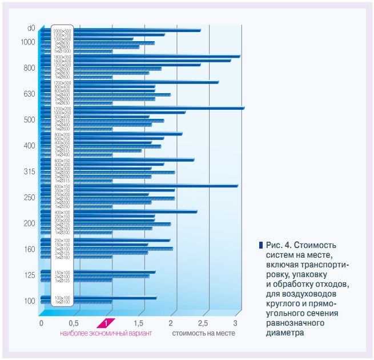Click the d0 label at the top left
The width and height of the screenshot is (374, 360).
pos(31,27)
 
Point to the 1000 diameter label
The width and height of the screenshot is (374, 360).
pos(27,42)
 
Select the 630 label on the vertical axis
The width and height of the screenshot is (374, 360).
pos(30,94)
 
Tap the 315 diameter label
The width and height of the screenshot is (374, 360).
pos(30,171)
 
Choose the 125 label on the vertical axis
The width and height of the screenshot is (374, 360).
pos(30,275)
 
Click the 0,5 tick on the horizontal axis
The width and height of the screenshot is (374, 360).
pos(74,324)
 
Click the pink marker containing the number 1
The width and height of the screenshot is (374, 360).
pos(106,323)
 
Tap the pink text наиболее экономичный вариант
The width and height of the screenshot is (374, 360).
pos(106,333)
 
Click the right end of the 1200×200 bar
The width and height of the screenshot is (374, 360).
pos(243,107)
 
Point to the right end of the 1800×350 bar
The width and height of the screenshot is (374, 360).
pos(239,56)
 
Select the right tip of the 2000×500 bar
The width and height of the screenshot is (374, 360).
pos(200,30)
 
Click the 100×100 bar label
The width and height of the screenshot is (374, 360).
pos(63,298)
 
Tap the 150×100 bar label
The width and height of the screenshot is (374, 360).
pos(63,272)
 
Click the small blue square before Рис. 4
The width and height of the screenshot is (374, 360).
pos(260,245)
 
